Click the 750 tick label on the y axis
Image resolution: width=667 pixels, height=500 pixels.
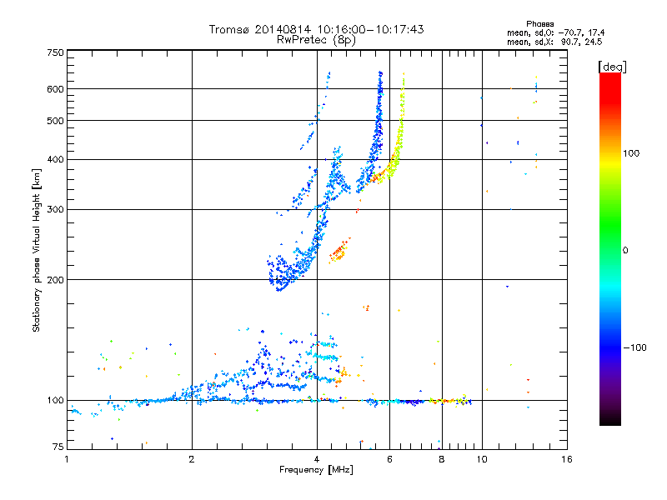tap(55, 52)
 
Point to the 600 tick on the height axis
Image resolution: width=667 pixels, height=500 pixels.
tap(55, 88)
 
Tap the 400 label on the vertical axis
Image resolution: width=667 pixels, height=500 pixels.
tap(55, 159)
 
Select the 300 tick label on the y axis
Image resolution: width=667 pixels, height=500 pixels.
tap(55, 209)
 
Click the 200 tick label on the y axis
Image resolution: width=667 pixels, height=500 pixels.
tap(55, 279)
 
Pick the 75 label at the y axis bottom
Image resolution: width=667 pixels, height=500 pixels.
tap(57, 447)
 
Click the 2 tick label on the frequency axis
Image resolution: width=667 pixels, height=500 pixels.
tap(192, 458)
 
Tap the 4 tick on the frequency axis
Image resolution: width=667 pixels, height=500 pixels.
tap(317, 458)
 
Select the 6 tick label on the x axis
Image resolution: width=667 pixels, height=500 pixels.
tap(390, 458)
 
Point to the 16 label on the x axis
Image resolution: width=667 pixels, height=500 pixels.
tap(566, 458)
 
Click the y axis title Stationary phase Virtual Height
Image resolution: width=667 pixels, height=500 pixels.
tap(37, 250)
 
